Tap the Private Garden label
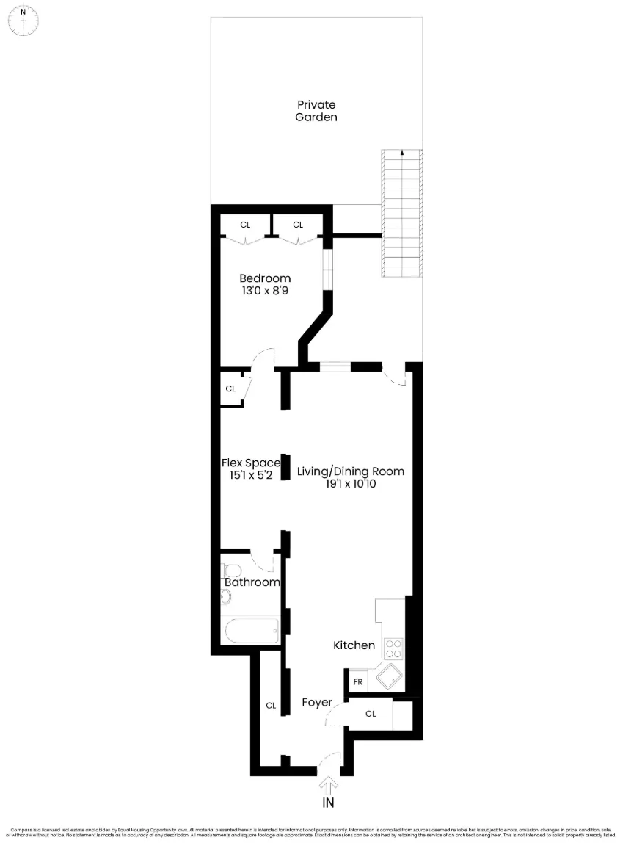(316, 111)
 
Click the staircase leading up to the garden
(403, 213)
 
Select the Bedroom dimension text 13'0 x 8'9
(265, 291)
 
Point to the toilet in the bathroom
(233, 571)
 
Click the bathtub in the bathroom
(251, 630)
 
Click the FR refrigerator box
(358, 681)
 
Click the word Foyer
(317, 703)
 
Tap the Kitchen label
(354, 645)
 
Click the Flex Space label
(251, 463)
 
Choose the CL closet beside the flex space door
(230, 388)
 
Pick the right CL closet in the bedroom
(298, 225)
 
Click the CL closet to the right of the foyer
(371, 714)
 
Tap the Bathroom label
(252, 582)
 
